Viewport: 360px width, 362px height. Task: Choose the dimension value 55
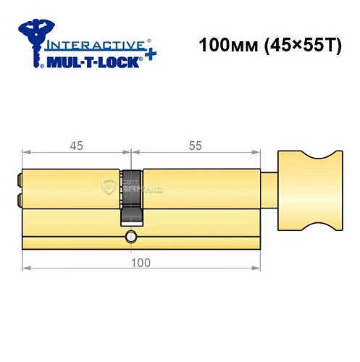click(196, 146)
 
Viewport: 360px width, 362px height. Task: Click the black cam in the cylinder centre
click(131, 195)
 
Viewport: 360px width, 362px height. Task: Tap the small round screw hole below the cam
click(131, 237)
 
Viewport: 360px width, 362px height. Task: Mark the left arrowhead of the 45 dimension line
click(26, 153)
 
